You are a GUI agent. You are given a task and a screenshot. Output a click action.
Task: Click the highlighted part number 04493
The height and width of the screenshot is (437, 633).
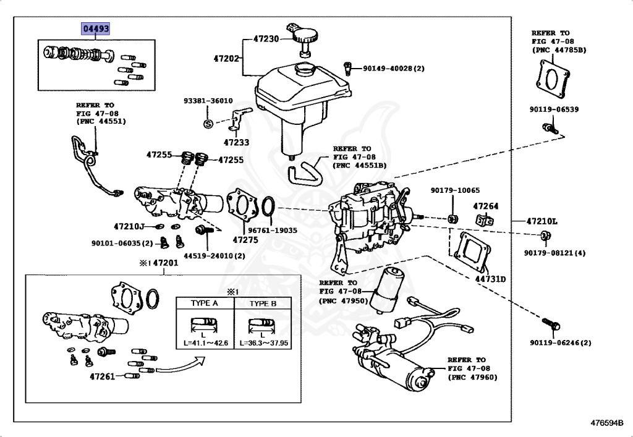(96, 28)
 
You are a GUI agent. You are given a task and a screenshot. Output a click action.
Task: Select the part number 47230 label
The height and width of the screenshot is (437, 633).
(266, 38)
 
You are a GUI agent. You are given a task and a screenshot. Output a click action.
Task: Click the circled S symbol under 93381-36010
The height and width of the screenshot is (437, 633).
(208, 124)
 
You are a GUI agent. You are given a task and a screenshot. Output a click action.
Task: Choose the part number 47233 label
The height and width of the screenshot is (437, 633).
(237, 142)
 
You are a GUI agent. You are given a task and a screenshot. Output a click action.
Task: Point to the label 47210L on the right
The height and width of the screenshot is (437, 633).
(542, 221)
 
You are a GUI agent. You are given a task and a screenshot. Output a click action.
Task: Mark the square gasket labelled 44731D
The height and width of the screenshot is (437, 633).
(472, 253)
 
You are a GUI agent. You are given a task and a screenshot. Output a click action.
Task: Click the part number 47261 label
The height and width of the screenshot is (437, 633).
(103, 375)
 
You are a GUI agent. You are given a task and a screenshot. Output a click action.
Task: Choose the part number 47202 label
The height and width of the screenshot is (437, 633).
(226, 59)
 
